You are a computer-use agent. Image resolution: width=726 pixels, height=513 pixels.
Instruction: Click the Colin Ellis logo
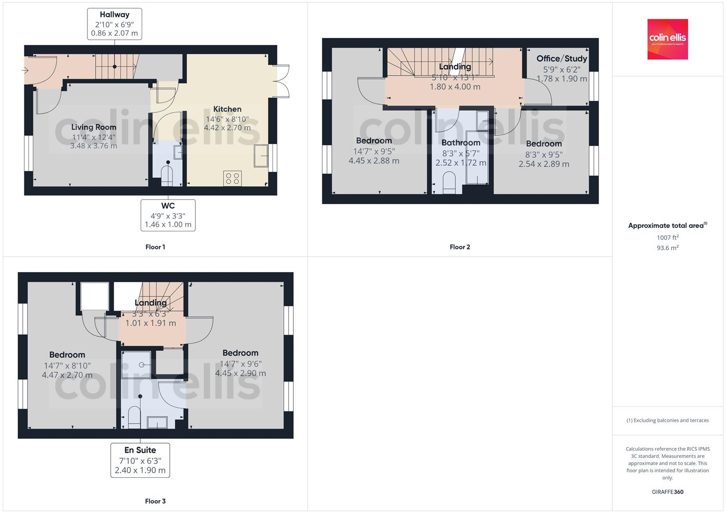(668, 39)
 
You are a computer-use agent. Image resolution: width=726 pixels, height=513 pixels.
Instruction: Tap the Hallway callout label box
(115, 24)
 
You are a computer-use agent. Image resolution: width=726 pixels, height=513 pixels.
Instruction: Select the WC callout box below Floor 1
(168, 215)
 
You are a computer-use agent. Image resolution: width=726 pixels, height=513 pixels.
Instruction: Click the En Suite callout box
(140, 460)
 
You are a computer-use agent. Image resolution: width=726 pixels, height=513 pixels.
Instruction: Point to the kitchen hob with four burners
(232, 179)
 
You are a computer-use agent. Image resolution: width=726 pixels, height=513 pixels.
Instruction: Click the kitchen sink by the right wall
(261, 156)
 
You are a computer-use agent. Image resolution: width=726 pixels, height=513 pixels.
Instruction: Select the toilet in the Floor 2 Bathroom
(449, 183)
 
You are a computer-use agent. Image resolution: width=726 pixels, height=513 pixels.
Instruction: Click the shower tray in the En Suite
(136, 365)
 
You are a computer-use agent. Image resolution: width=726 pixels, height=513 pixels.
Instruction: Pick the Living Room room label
(94, 127)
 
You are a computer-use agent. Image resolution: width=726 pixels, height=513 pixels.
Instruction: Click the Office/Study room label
(561, 58)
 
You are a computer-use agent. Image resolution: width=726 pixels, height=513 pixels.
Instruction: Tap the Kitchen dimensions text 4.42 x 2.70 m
(227, 128)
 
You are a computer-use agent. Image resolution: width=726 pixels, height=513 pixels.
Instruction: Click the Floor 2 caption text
(460, 247)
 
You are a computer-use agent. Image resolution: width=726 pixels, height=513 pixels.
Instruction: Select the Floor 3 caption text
(155, 501)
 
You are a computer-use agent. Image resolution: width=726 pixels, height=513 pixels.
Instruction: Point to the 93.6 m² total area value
(668, 248)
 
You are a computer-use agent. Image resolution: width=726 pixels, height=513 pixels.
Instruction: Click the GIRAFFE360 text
(668, 492)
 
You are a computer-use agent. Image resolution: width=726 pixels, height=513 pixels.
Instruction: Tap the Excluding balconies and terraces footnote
(668, 420)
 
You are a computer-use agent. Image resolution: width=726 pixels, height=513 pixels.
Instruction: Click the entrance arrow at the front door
(25, 71)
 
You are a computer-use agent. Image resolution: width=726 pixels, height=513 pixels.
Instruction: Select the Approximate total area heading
(668, 226)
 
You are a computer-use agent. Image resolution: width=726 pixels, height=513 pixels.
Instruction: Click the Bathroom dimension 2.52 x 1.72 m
(461, 163)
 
